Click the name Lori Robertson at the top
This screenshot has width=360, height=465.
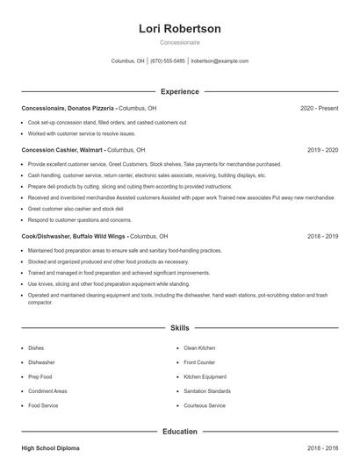[x=180, y=29]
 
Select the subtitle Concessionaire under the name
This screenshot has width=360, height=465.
[x=180, y=43]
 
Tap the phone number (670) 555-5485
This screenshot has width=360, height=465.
[x=168, y=61]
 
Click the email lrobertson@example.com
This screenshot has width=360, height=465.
[x=220, y=61]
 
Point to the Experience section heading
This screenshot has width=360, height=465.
[x=180, y=91]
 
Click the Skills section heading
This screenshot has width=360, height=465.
[x=180, y=328]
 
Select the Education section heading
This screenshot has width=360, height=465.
[x=180, y=432]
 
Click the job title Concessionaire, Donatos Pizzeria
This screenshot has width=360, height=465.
[x=68, y=108]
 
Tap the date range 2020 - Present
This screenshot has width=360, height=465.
[x=319, y=108]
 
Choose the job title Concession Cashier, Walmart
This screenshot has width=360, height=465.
[x=58, y=150]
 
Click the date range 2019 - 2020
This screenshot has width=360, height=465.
[x=322, y=150]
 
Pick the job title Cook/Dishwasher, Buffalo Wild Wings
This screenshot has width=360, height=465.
[x=74, y=236]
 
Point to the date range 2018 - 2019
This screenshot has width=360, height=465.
[x=322, y=236]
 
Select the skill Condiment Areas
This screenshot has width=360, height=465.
[x=47, y=391]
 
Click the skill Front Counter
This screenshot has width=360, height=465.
[x=199, y=362]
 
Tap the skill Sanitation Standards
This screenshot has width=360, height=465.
[x=207, y=391]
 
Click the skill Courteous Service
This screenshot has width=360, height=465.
[x=205, y=405]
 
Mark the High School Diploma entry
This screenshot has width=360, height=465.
[x=50, y=448]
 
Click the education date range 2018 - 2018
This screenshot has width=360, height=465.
[x=322, y=448]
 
